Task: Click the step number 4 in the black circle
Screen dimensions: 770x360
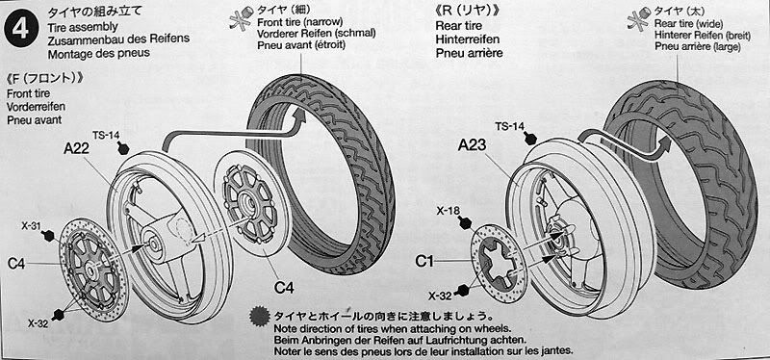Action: point(20,29)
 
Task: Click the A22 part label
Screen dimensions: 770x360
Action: point(76,148)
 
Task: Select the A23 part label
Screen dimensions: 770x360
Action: point(472,145)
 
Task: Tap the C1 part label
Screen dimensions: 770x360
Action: point(424,262)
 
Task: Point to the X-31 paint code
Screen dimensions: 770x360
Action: point(31,226)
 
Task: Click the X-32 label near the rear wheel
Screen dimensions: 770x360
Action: point(439,296)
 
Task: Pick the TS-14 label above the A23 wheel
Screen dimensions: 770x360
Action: point(508,126)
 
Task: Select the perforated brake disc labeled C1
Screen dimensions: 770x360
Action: point(498,263)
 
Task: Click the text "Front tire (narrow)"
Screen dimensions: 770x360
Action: point(300,22)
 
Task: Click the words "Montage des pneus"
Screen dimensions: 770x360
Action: point(99,53)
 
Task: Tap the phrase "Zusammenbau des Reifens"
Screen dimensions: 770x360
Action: point(118,39)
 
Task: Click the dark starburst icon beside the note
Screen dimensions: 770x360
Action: point(259,317)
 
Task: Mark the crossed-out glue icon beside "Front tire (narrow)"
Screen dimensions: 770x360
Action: point(240,17)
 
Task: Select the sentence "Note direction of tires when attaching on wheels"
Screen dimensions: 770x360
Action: point(393,328)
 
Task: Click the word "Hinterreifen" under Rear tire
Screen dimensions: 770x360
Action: point(468,39)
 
